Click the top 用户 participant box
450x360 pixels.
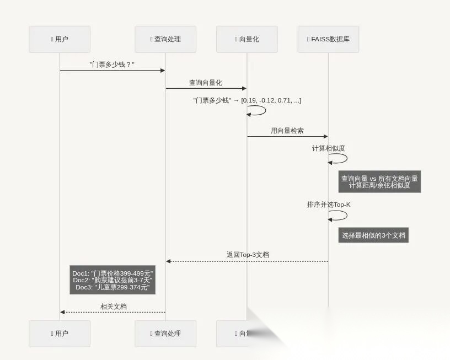click(60, 39)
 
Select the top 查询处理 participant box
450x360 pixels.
click(165, 39)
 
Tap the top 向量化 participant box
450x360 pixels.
click(247, 39)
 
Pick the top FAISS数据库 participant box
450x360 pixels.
click(328, 39)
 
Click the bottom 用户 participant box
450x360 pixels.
click(60, 334)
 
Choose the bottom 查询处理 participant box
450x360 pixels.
click(165, 334)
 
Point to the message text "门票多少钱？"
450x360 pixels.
click(113, 65)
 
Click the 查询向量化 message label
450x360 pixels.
click(206, 83)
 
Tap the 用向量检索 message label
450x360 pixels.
click(287, 131)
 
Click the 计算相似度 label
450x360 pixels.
click(329, 148)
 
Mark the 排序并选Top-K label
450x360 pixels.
click(329, 205)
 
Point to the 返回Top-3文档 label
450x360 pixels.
click(248, 255)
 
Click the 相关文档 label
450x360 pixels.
click(113, 306)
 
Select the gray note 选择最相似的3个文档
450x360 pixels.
click(373, 235)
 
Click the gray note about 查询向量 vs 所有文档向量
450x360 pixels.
click(379, 182)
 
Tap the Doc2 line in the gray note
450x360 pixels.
click(113, 280)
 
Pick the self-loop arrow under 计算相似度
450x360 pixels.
click(340, 159)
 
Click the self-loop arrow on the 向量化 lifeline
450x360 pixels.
click(258, 110)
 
